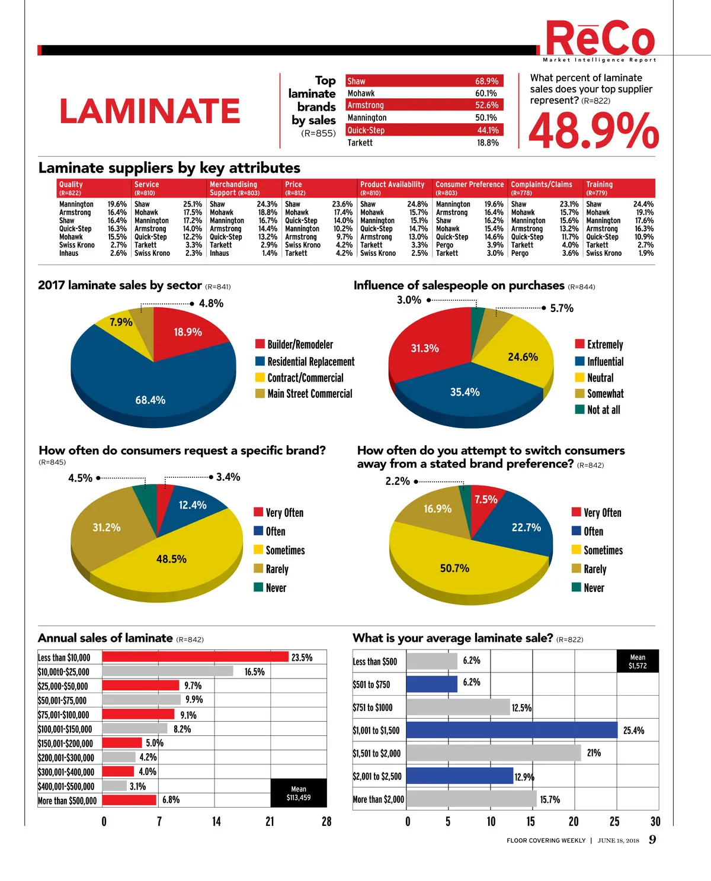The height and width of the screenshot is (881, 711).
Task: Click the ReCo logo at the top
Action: click(599, 39)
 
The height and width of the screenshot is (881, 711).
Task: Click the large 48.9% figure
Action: click(593, 131)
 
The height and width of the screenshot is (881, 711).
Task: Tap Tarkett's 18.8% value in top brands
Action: click(488, 143)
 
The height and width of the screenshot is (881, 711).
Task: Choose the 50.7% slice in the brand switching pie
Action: click(454, 568)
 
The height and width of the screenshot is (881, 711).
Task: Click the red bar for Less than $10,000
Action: click(195, 657)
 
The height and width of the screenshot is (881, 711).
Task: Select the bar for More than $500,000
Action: click(129, 800)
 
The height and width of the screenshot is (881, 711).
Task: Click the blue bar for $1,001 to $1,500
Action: click(512, 730)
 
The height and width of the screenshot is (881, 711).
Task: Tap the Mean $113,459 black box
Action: click(299, 793)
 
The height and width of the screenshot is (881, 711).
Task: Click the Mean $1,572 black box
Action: click(638, 661)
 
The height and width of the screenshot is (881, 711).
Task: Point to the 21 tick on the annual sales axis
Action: click(270, 821)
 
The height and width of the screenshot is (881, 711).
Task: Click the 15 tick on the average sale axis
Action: click(530, 821)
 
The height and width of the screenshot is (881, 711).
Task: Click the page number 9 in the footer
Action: click(652, 839)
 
